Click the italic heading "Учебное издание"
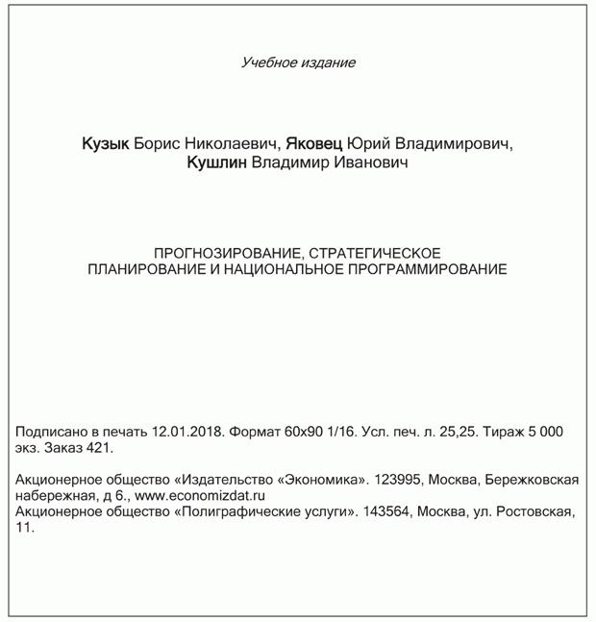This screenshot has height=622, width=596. [x=298, y=63]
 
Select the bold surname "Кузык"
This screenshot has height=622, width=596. [x=105, y=144]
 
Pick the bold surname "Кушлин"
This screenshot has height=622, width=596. [x=217, y=164]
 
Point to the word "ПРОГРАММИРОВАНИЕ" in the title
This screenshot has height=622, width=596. [x=434, y=269]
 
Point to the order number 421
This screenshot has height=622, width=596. [x=100, y=448]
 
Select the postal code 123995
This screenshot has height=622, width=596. [x=399, y=479]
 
